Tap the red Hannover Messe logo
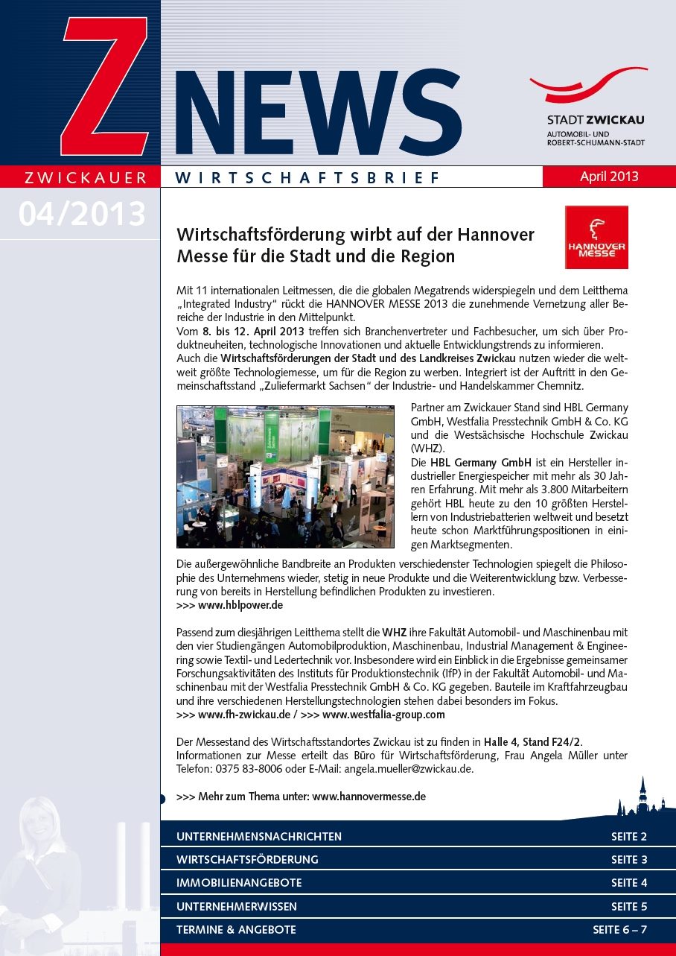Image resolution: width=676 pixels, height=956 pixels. [x=596, y=238]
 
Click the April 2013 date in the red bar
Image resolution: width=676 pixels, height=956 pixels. [x=609, y=177]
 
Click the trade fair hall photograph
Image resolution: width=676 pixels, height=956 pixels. [x=285, y=477]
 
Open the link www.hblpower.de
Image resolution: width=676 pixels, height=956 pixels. [x=240, y=605]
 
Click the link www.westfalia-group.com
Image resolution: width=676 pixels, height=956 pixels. [x=383, y=714]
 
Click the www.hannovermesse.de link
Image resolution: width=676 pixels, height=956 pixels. [x=369, y=796]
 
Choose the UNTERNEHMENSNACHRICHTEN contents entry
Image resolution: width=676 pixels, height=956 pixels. [x=259, y=836]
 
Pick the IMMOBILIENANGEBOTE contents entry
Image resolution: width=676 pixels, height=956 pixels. [x=239, y=883]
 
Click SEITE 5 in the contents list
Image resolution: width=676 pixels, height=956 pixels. [x=629, y=907]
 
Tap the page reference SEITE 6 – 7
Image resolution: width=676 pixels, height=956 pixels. [x=620, y=930]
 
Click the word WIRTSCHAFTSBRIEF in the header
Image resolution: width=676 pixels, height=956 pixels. [x=307, y=177]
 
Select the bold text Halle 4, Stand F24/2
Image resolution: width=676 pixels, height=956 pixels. [x=532, y=741]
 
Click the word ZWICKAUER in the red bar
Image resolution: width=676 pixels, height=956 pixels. [x=86, y=177]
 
